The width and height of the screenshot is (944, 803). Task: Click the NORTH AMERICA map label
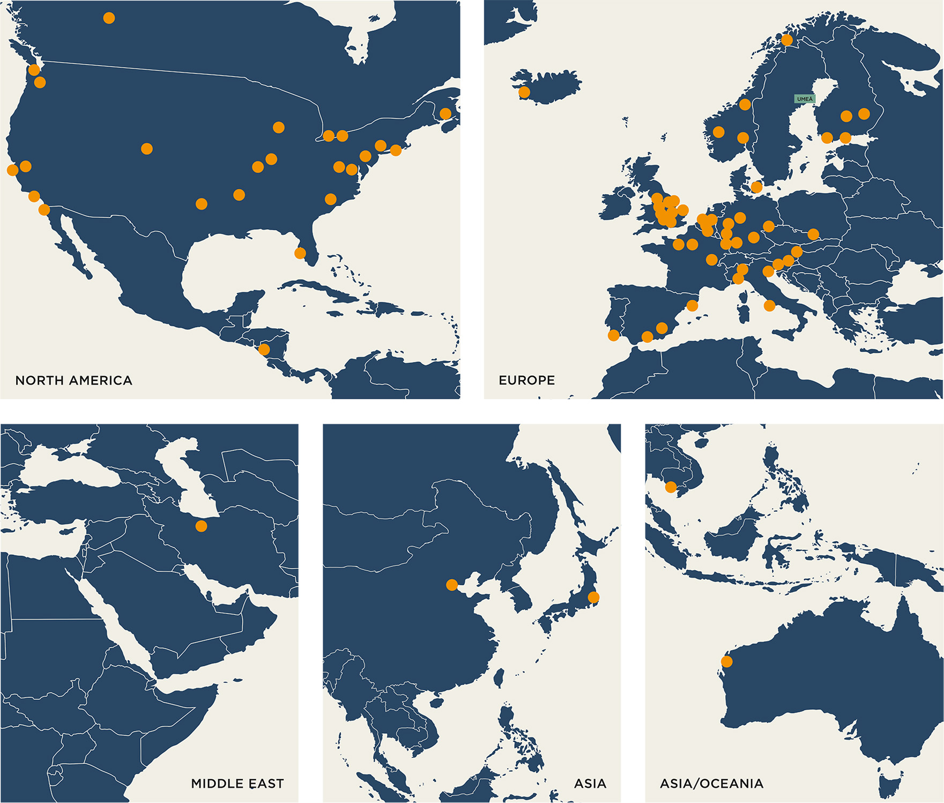coord(73,380)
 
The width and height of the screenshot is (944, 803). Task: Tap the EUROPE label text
coord(526,380)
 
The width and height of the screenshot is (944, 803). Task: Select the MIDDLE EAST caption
coord(237,784)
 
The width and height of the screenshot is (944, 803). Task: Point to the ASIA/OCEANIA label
coord(711,784)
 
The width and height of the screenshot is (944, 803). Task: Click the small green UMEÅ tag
coord(804,99)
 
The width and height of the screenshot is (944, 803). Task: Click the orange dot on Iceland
coord(524,92)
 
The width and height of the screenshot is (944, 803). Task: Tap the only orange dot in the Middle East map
coord(201,526)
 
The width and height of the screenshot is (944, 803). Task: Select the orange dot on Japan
coord(593,597)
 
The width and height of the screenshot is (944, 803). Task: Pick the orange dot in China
coord(452,585)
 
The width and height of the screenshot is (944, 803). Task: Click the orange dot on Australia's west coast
coord(726,661)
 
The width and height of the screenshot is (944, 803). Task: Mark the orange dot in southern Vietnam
coord(671,487)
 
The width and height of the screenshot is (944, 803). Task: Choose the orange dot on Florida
coord(300,253)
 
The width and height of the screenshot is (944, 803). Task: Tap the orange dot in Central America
coord(264,350)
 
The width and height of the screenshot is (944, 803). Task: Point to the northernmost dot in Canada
coord(109,18)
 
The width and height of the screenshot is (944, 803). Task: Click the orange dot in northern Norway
coord(787,40)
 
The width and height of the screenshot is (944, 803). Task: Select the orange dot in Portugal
coord(613,336)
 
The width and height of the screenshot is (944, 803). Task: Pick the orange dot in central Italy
coord(769,306)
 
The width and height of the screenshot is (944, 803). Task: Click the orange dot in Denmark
coord(756,187)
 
